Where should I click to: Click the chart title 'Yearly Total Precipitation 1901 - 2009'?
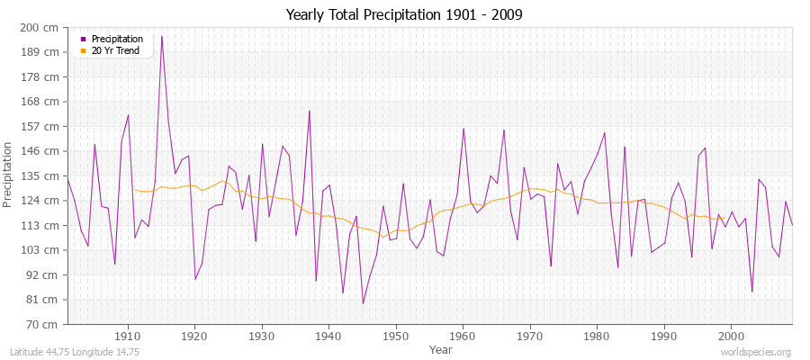click(404, 14)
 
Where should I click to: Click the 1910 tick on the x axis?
click(128, 334)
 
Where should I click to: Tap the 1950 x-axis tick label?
click(396, 334)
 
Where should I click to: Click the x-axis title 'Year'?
click(441, 348)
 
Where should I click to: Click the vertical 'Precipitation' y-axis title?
click(9, 175)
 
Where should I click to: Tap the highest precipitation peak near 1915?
click(162, 36)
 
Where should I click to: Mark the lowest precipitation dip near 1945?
click(363, 303)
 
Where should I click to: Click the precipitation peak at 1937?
click(310, 111)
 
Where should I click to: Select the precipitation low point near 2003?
click(751, 291)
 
